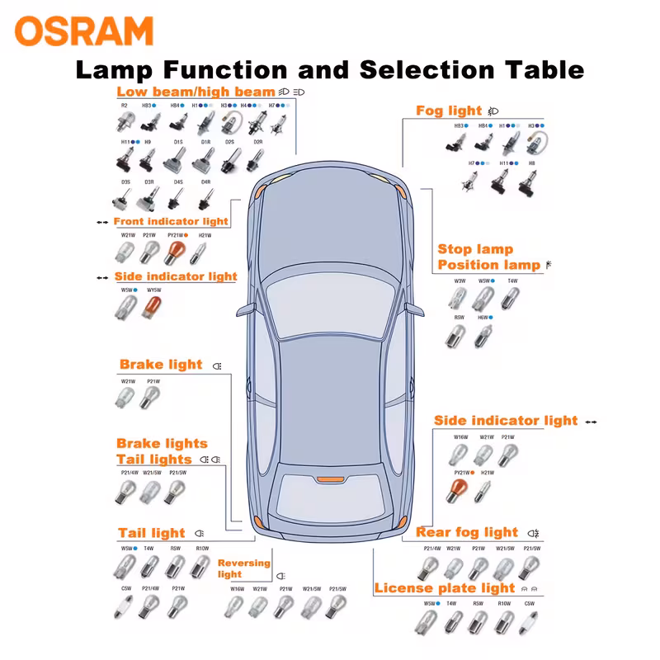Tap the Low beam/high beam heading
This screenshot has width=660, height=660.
click(x=196, y=92)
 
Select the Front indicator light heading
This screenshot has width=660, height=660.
click(x=171, y=222)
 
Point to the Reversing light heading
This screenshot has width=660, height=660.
click(x=243, y=568)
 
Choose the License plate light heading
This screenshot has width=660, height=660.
click(x=444, y=588)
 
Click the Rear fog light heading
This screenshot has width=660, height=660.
click(x=467, y=533)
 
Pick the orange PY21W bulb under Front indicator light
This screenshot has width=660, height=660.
click(x=175, y=252)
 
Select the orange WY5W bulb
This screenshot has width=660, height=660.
click(x=153, y=309)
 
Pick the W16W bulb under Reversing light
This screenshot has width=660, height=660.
click(x=236, y=607)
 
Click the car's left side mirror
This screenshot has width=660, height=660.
click(x=245, y=309)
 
